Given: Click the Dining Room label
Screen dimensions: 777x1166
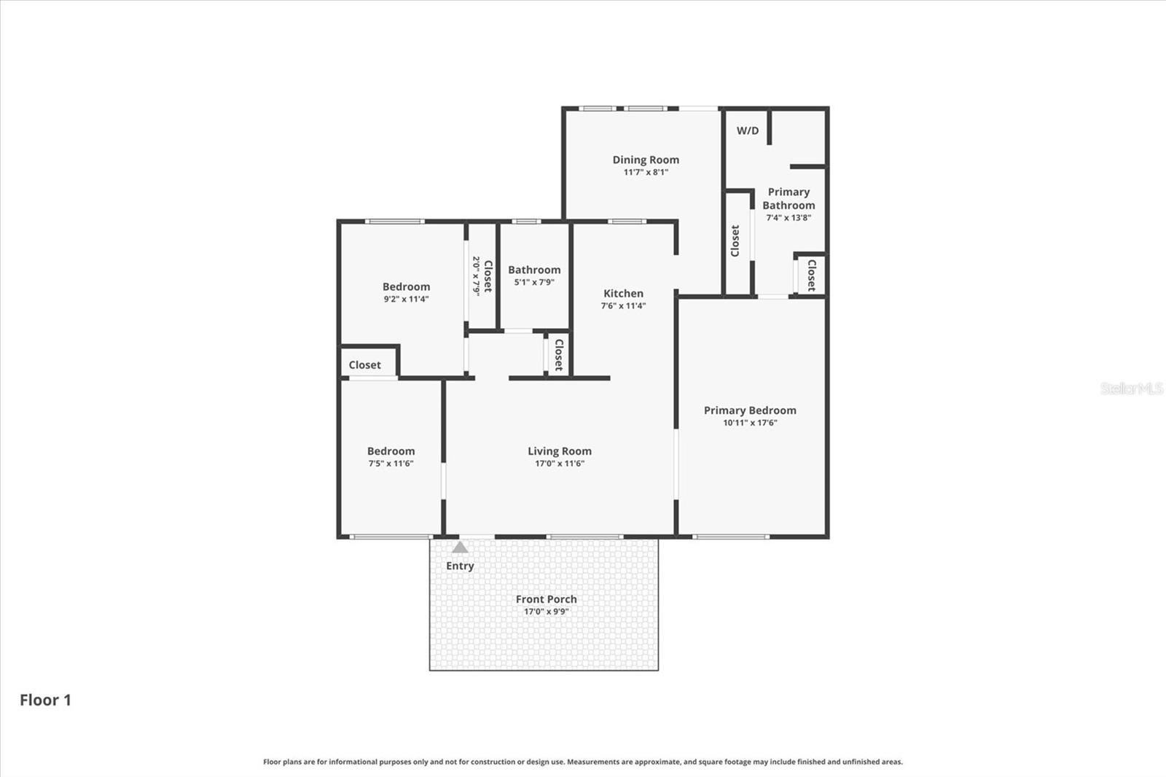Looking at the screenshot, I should pyautogui.click(x=646, y=160).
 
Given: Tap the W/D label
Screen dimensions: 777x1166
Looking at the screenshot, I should pyautogui.click(x=748, y=131).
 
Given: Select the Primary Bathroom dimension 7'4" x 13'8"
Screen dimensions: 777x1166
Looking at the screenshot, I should pyautogui.click(x=789, y=218).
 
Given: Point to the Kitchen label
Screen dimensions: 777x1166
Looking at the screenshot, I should pyautogui.click(x=623, y=294).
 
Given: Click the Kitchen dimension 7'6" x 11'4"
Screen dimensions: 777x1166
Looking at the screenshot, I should pyautogui.click(x=623, y=306).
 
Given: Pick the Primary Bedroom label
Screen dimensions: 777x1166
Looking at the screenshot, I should pyautogui.click(x=750, y=410).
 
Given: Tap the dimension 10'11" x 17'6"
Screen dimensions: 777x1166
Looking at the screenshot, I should pyautogui.click(x=750, y=423).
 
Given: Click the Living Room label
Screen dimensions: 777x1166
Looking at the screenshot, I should pyautogui.click(x=560, y=451).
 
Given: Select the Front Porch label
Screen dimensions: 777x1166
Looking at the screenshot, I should pyautogui.click(x=546, y=599).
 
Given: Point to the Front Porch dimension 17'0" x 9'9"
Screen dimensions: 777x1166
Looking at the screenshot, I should pyautogui.click(x=546, y=612).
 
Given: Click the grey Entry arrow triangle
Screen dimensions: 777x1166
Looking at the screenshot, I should pyautogui.click(x=460, y=547).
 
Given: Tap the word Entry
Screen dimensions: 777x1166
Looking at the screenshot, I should pyautogui.click(x=460, y=566).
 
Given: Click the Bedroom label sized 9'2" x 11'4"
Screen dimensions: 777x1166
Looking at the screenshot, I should pyautogui.click(x=406, y=286).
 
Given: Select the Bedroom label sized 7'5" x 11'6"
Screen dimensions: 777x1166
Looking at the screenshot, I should pyautogui.click(x=391, y=451).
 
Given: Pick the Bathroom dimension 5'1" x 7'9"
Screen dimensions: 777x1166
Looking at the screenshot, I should pyautogui.click(x=534, y=282).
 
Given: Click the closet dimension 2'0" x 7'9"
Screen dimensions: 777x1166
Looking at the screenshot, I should pyautogui.click(x=476, y=276).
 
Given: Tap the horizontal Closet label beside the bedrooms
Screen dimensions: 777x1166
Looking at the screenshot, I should pyautogui.click(x=364, y=365).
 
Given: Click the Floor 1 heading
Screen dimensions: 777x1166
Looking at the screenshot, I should pyautogui.click(x=45, y=700).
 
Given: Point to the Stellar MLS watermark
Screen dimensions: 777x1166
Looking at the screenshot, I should pyautogui.click(x=1131, y=388).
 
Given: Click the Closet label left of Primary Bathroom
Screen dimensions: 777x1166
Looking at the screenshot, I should pyautogui.click(x=735, y=241).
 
